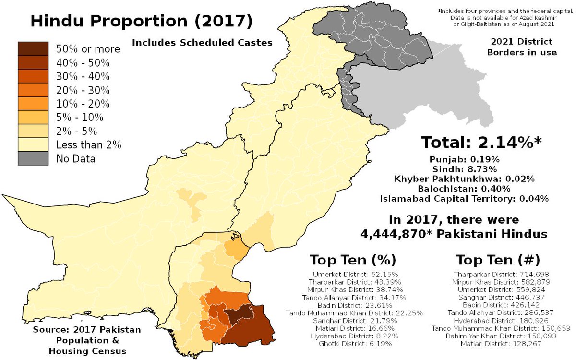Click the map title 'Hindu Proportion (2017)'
[140, 22]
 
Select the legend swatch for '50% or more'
[33, 49]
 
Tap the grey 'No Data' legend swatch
[33, 158]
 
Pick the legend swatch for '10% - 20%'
[33, 103]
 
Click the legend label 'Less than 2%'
[88, 144]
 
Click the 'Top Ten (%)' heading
[353, 260]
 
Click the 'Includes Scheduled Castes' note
[202, 43]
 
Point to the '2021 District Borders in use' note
[522, 47]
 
